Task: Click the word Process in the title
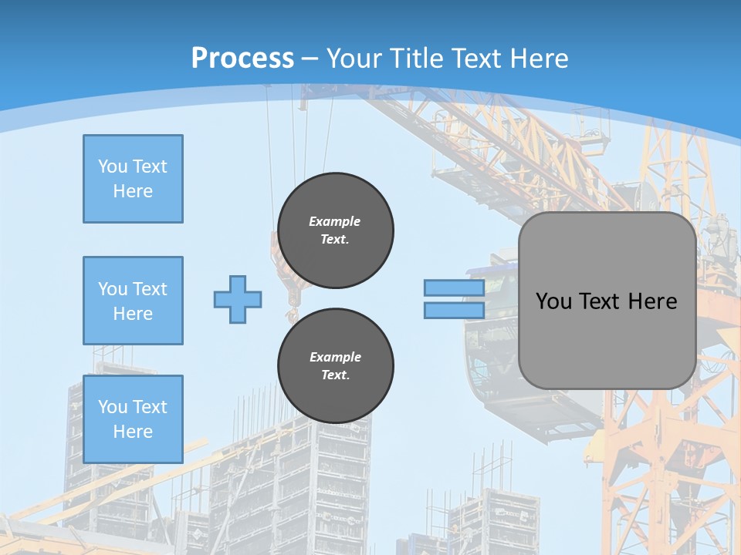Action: (x=242, y=59)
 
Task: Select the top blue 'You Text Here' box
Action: (x=133, y=179)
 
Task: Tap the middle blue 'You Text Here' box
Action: (x=133, y=301)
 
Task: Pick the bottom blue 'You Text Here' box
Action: (x=133, y=419)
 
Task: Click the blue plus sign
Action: (x=238, y=299)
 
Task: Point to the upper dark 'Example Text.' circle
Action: (x=336, y=230)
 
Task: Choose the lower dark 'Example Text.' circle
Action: (x=336, y=366)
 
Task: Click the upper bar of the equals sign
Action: (x=454, y=288)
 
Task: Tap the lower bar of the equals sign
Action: (x=454, y=310)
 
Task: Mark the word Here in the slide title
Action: (x=538, y=59)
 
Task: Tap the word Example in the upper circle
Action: (x=335, y=221)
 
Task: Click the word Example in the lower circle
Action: (x=335, y=357)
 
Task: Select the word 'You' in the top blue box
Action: (x=113, y=166)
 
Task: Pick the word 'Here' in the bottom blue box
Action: (x=133, y=432)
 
